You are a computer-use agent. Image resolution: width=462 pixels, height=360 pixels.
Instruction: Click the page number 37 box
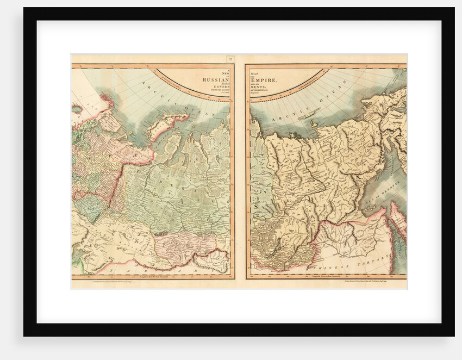coord(230,59)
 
